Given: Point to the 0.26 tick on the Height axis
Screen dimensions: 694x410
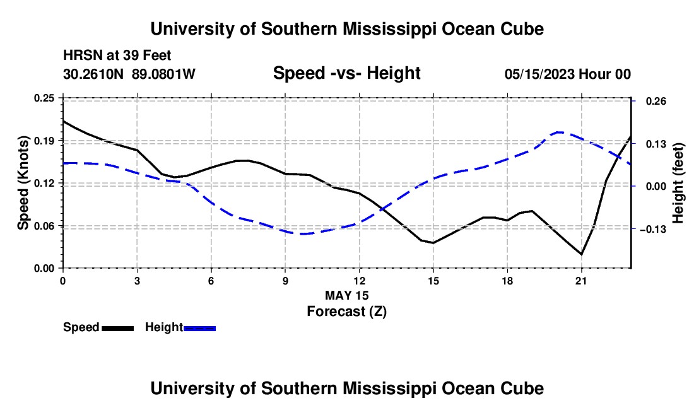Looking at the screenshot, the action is (656, 102).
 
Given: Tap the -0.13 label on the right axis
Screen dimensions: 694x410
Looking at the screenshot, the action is (653, 229).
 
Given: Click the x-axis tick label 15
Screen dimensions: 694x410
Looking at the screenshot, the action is (433, 281).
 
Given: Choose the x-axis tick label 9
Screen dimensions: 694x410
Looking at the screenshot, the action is (285, 281).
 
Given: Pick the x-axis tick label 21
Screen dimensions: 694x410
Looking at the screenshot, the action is (581, 281).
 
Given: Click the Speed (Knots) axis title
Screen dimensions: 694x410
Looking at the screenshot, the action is (23, 183).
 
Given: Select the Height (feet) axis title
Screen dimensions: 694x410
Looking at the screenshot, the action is (678, 183).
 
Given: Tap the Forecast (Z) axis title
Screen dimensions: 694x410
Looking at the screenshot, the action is (346, 312).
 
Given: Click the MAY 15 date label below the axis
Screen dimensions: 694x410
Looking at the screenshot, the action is (346, 295).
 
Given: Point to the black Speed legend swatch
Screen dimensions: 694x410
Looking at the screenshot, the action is (118, 328).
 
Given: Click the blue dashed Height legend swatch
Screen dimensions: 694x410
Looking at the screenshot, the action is (199, 328).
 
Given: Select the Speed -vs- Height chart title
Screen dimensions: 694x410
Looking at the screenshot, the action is (346, 73).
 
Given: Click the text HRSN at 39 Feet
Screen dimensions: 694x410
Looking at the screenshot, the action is (117, 56).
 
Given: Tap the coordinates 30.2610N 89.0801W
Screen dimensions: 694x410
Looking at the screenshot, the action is (129, 74).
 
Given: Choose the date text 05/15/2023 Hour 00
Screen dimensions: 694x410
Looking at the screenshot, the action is (567, 74).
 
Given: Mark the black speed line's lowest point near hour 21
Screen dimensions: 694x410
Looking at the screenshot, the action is (581, 254).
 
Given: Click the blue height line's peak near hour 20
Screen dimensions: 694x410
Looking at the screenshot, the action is (559, 132).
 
